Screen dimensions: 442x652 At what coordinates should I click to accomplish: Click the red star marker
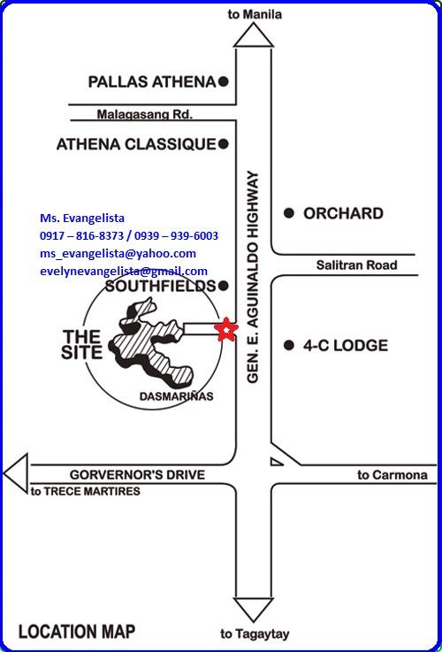[226, 329]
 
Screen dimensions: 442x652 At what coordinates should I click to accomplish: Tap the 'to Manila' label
[255, 15]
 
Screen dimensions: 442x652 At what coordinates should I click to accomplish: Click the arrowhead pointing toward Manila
[254, 35]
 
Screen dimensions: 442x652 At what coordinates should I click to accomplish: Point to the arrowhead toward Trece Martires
[16, 474]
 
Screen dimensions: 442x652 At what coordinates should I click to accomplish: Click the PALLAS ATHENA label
[152, 82]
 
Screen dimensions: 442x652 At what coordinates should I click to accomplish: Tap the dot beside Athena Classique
[224, 144]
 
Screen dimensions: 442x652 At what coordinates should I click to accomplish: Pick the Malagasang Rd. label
[145, 114]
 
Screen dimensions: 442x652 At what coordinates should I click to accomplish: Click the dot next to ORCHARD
[289, 213]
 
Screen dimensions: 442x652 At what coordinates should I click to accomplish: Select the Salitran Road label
[356, 265]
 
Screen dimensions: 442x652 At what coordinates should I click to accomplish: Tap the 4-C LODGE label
[346, 345]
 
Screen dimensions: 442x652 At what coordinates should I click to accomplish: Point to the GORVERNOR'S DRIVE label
[138, 474]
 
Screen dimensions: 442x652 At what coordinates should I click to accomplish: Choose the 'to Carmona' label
[392, 475]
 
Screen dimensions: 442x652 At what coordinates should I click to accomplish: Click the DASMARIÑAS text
[176, 396]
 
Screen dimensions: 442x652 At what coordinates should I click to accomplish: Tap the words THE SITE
[81, 345]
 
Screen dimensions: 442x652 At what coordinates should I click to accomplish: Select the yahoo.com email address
[118, 254]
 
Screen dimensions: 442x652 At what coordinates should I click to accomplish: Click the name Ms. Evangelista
[82, 218]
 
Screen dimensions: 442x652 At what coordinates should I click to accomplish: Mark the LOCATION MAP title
[77, 632]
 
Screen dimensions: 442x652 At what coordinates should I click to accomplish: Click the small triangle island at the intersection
[276, 462]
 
